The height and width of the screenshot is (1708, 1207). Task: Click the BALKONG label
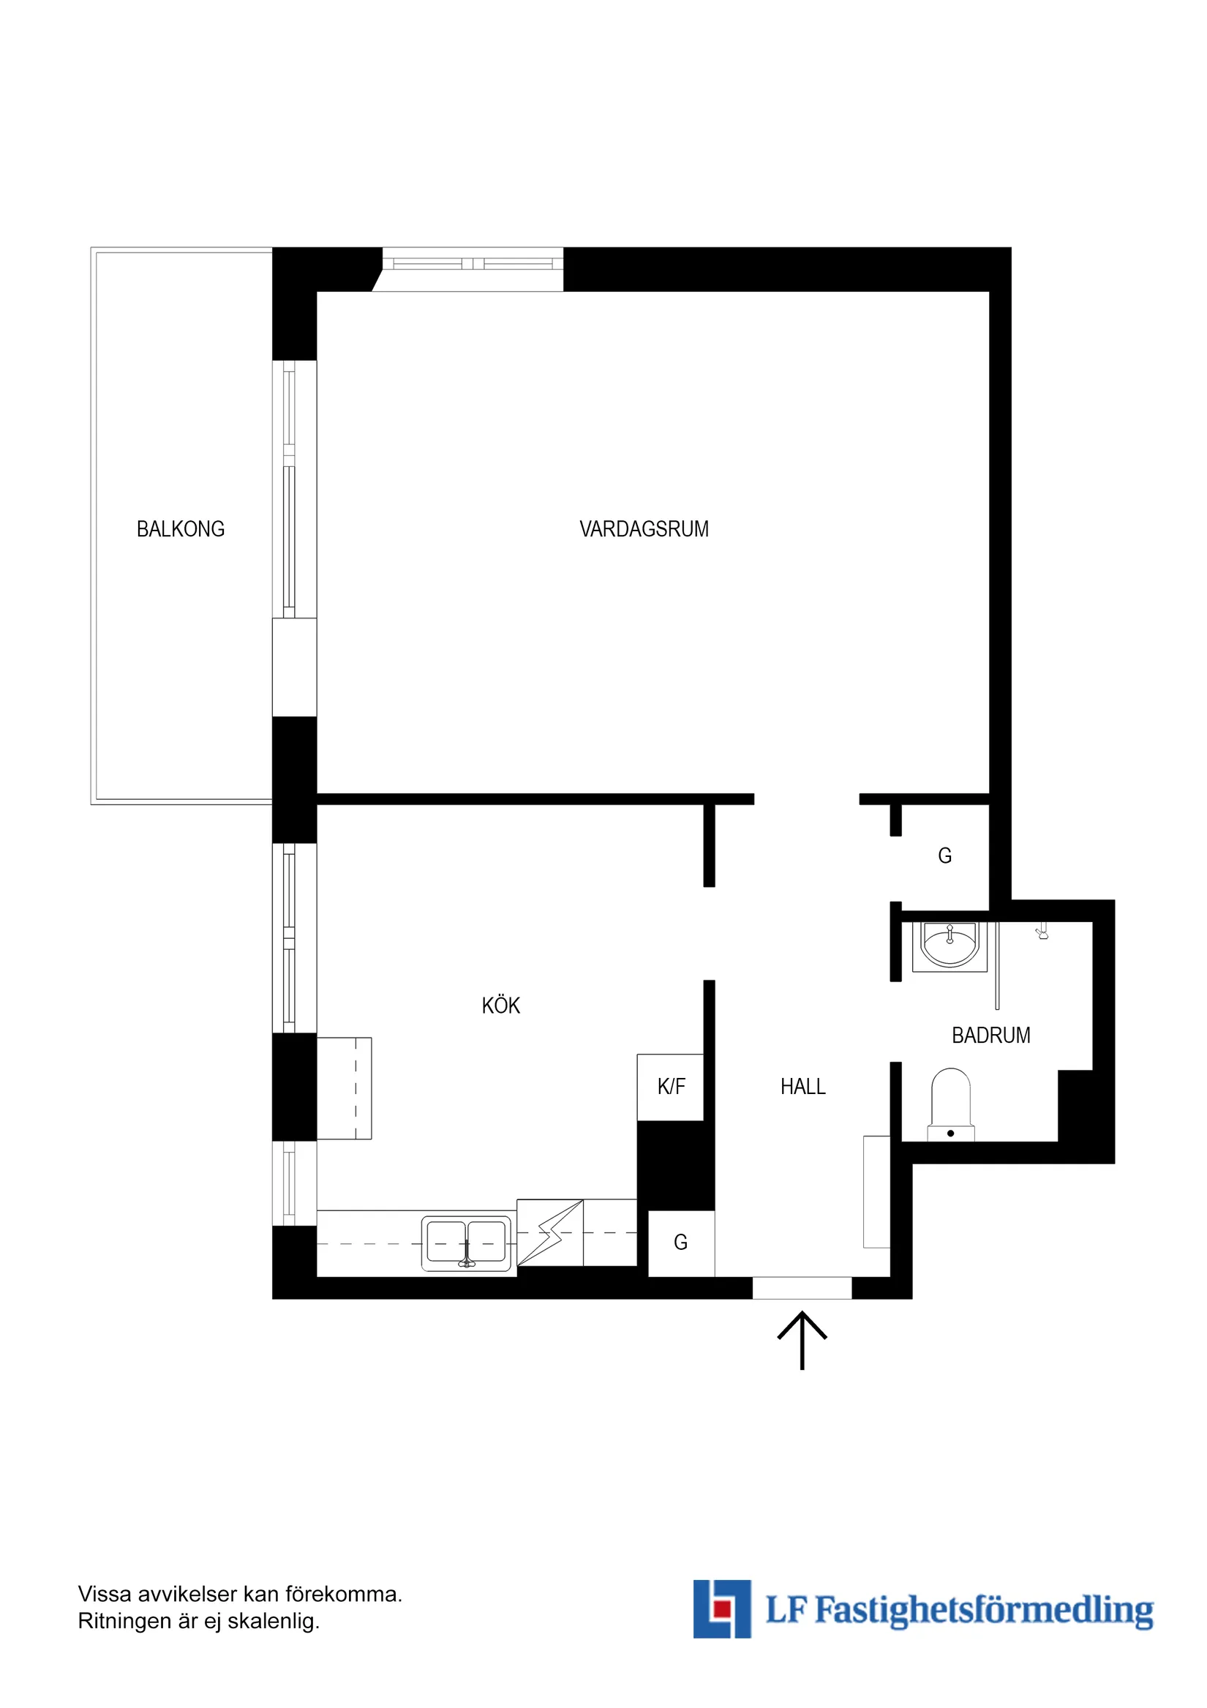click(x=180, y=529)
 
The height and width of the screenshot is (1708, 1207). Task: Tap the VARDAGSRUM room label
click(x=643, y=529)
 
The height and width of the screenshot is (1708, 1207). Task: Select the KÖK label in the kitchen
click(x=500, y=1005)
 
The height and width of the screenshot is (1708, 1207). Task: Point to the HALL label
click(x=802, y=1087)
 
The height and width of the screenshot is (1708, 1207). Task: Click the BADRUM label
click(x=990, y=1035)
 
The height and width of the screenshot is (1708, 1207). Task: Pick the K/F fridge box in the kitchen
click(x=670, y=1087)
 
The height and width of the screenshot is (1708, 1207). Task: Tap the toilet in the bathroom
click(x=950, y=1106)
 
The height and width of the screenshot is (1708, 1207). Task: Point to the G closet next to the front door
click(x=680, y=1243)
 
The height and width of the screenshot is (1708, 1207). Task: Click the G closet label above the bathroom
click(x=944, y=856)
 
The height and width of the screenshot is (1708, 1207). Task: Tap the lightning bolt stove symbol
click(x=550, y=1233)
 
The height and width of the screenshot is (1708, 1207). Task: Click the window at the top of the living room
click(x=473, y=263)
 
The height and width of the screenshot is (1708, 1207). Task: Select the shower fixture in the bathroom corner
click(x=1042, y=932)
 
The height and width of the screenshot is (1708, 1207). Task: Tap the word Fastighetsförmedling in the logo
click(x=984, y=1611)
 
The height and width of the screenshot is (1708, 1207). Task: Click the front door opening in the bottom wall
click(x=802, y=1288)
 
